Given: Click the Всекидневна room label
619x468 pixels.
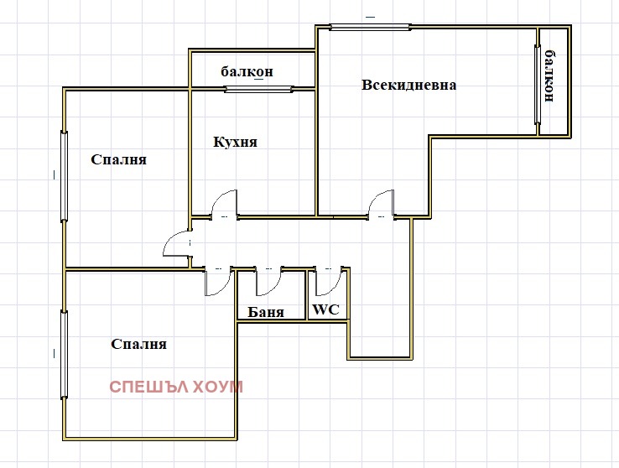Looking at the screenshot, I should click(x=409, y=85).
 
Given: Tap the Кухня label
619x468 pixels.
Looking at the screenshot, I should click(x=235, y=142).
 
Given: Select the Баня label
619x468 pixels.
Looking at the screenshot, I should click(x=265, y=312).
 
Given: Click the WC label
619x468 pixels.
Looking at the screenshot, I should click(x=325, y=309).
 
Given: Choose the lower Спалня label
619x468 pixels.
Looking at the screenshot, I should click(x=138, y=344).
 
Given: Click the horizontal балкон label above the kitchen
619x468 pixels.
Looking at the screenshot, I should click(x=247, y=71).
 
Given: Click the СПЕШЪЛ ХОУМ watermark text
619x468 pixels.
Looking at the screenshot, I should click(x=175, y=387).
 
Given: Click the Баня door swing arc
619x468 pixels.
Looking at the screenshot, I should click(x=270, y=283).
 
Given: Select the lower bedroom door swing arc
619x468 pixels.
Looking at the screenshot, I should click(x=217, y=283).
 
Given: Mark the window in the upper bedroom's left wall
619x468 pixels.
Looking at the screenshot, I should click(x=64, y=176).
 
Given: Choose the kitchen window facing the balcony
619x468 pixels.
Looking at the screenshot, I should click(x=258, y=88).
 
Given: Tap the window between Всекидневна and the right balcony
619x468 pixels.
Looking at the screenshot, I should click(x=537, y=84).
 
